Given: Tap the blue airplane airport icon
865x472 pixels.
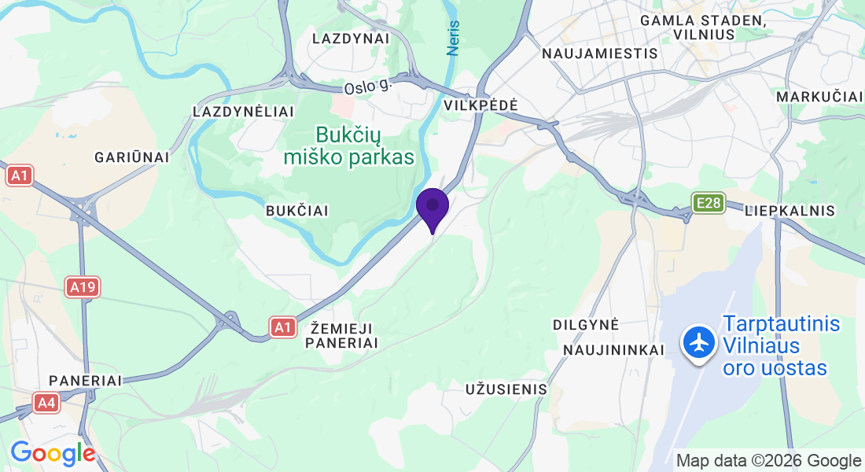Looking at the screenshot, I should point(698,344).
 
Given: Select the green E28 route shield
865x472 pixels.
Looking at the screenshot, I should point(708,204).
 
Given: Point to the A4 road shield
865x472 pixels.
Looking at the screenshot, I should point(46,404).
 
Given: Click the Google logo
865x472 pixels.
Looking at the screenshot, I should point(53,453).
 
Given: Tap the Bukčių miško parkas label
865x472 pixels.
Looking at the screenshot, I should point(348,146).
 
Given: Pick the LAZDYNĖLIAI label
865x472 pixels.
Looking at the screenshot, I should point(243,112).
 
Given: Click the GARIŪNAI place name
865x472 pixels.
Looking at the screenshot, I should point(131,157).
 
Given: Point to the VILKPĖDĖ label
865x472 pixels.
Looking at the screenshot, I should point(480,105).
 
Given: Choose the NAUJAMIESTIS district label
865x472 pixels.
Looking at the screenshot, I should point(600,53).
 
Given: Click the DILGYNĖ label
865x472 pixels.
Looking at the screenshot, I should point(587,324).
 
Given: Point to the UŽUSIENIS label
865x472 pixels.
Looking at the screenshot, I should point(506,389).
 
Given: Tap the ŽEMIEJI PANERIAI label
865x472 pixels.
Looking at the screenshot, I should point(342,335).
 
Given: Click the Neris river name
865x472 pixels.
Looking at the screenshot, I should point(453,37).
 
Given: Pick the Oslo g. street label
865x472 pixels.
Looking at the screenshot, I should point(367,86).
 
